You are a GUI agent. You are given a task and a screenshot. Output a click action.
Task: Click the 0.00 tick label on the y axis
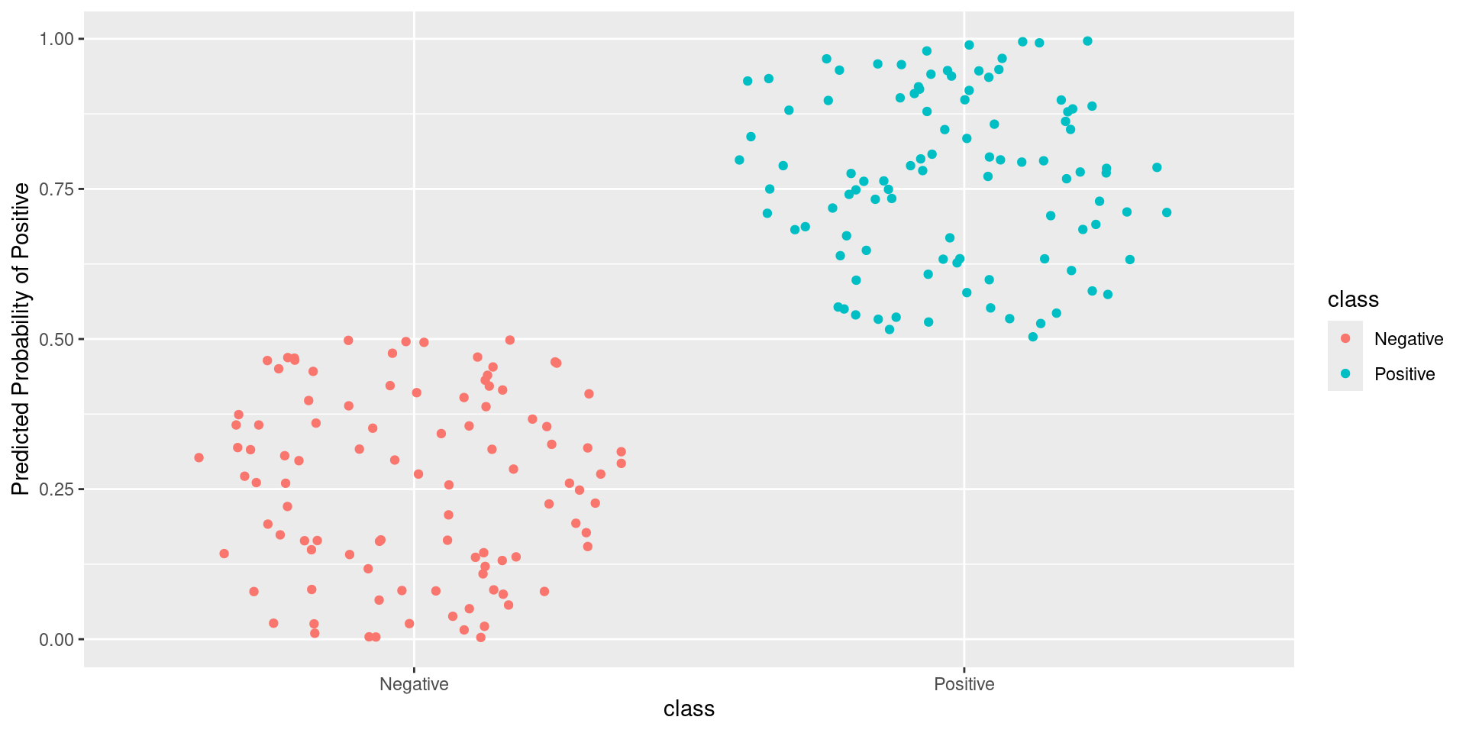point(57,640)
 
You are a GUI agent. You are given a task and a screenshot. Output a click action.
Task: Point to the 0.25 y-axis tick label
point(57,489)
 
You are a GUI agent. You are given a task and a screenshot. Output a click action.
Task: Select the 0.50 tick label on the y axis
point(57,339)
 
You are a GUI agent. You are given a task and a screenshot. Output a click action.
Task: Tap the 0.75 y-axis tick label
point(57,189)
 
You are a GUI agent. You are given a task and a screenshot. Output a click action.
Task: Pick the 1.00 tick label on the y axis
point(57,39)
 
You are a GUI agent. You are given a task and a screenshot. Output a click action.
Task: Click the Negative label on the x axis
point(414,684)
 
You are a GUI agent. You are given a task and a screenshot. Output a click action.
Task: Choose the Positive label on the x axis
point(964,684)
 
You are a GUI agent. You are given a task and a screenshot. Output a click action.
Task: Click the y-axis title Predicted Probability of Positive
point(21,339)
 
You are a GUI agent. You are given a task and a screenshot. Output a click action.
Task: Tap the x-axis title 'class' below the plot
point(689,709)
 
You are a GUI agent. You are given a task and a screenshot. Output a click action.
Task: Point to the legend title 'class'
point(1353,299)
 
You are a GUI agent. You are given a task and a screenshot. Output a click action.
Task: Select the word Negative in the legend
point(1409,339)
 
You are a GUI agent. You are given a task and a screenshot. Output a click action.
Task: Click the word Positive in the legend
point(1404,374)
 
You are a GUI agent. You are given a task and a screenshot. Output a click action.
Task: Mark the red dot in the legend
point(1345,338)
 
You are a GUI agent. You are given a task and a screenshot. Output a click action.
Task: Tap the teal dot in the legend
point(1345,373)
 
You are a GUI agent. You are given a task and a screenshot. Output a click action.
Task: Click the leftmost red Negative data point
point(199,457)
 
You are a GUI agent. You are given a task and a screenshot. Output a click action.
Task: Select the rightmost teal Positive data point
point(1167,212)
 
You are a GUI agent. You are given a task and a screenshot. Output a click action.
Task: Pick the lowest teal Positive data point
point(1033,337)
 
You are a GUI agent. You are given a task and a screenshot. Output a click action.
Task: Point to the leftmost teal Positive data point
point(739,160)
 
